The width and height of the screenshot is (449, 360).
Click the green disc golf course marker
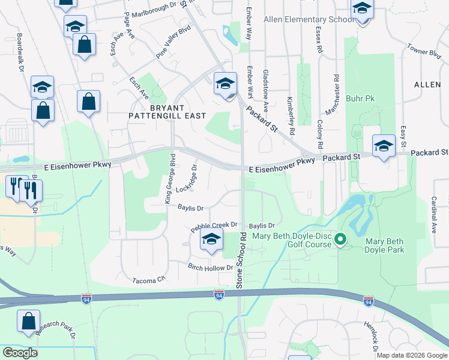(x=340, y=240)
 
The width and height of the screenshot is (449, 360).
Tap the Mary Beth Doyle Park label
(x=385, y=245)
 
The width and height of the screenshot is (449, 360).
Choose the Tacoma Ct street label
(x=149, y=280)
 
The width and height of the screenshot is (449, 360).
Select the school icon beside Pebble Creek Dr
(x=211, y=239)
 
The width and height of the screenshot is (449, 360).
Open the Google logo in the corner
(x=20, y=353)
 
